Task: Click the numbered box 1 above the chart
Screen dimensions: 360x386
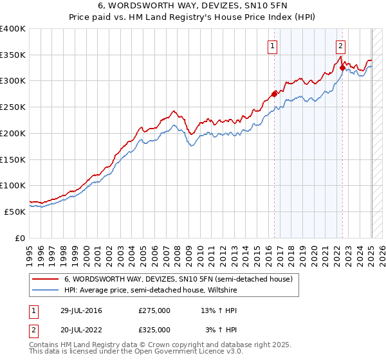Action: tap(273, 46)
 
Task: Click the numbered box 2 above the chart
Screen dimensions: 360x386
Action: tap(340, 46)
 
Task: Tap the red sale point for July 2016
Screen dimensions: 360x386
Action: tap(275, 94)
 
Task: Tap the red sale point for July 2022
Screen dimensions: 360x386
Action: tap(342, 67)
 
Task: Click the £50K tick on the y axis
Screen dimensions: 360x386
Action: tap(15, 212)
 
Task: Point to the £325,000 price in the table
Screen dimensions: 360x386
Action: tap(154, 330)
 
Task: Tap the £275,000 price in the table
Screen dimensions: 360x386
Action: tap(154, 310)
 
